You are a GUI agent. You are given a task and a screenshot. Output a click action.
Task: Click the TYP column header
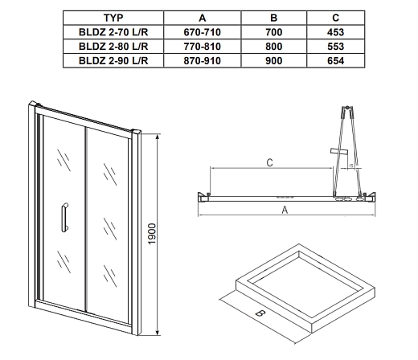113,18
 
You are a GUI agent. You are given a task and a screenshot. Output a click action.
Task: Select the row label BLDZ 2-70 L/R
113,32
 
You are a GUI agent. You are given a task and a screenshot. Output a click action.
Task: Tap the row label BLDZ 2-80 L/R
113,47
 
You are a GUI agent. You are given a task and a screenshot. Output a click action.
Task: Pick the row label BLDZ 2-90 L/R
113,60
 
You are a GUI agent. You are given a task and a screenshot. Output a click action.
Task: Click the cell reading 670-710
203,32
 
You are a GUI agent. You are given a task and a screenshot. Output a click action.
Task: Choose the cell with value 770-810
203,47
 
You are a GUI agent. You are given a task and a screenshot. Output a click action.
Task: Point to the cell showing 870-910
203,60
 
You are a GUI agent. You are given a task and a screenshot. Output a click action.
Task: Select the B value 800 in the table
274,47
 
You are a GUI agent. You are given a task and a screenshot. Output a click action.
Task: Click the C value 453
335,32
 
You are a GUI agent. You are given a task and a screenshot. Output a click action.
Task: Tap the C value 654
335,60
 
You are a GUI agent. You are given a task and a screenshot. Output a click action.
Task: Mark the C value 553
335,47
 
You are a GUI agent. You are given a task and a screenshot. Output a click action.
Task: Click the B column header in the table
273,18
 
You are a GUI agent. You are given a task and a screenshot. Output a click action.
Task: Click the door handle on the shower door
64,217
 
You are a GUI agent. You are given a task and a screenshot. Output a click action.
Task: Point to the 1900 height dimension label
152,234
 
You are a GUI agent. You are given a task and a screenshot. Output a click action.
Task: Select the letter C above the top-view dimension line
270,162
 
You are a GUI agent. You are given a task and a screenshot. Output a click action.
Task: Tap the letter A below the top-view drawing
285,210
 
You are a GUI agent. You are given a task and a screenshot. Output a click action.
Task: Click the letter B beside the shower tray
260,313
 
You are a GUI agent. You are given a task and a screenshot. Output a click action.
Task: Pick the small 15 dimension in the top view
351,166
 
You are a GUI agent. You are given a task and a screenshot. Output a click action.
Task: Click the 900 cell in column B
274,60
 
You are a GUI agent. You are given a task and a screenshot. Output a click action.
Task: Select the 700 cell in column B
274,32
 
